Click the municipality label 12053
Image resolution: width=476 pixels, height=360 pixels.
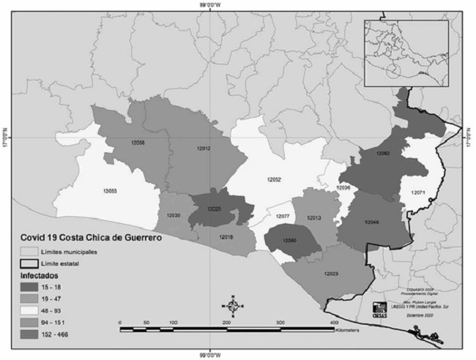(111, 190)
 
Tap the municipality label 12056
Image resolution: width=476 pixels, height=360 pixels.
(136, 142)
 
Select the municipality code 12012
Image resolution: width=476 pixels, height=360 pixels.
(204, 149)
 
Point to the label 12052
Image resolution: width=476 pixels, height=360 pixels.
(275, 179)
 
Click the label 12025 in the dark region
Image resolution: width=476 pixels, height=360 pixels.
(213, 209)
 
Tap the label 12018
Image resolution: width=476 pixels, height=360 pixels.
(226, 236)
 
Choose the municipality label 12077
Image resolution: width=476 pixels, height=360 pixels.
(283, 217)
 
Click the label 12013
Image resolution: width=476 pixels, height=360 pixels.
(314, 218)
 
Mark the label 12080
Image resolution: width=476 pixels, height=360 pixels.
(290, 240)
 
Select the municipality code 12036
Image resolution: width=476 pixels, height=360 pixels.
(343, 188)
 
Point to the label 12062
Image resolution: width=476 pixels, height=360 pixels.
(383, 154)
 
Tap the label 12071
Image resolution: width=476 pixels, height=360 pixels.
(418, 192)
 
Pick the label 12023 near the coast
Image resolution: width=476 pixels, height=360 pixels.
(330, 274)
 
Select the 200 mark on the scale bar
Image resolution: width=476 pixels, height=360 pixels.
(226, 322)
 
